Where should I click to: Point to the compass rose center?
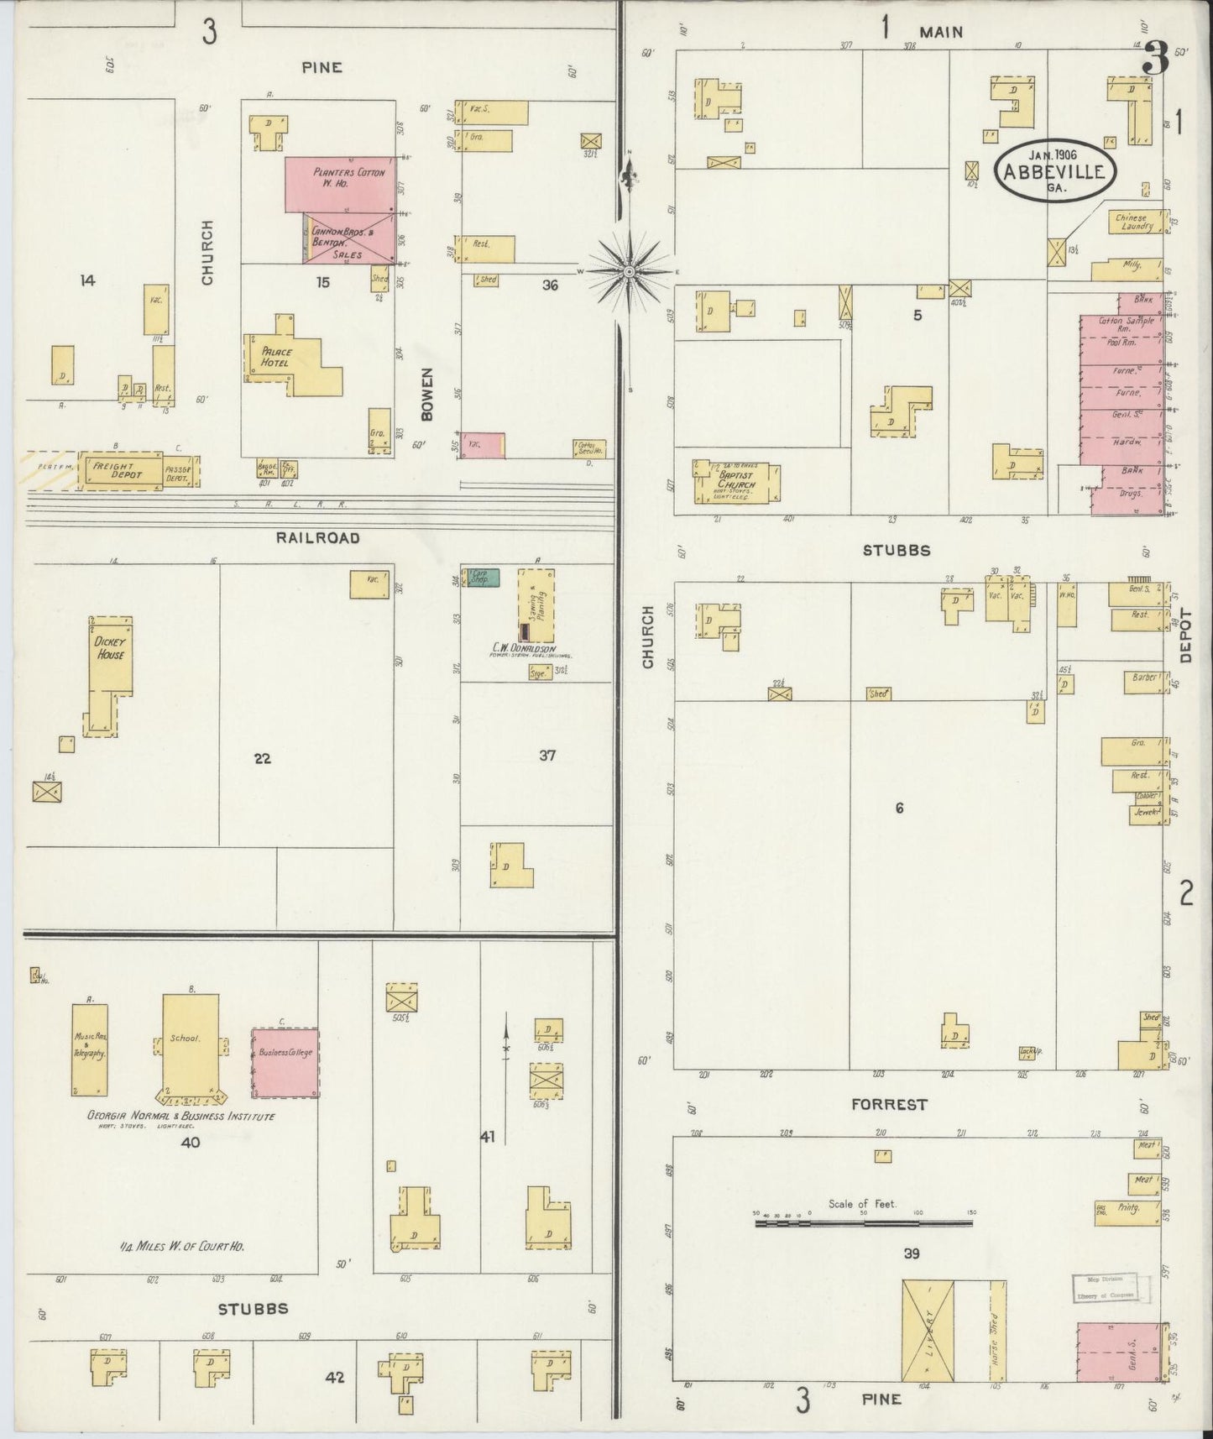[x=629, y=272]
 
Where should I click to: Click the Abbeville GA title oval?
[x=1055, y=172]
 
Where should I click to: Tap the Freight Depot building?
[x=119, y=471]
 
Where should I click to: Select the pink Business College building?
[x=285, y=1062]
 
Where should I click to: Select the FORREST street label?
[x=888, y=1104]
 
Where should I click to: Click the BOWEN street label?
[x=428, y=394]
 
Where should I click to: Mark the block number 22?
[x=263, y=758]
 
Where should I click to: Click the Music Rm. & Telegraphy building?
[x=90, y=1048]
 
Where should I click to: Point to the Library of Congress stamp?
[x=1105, y=1286]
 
